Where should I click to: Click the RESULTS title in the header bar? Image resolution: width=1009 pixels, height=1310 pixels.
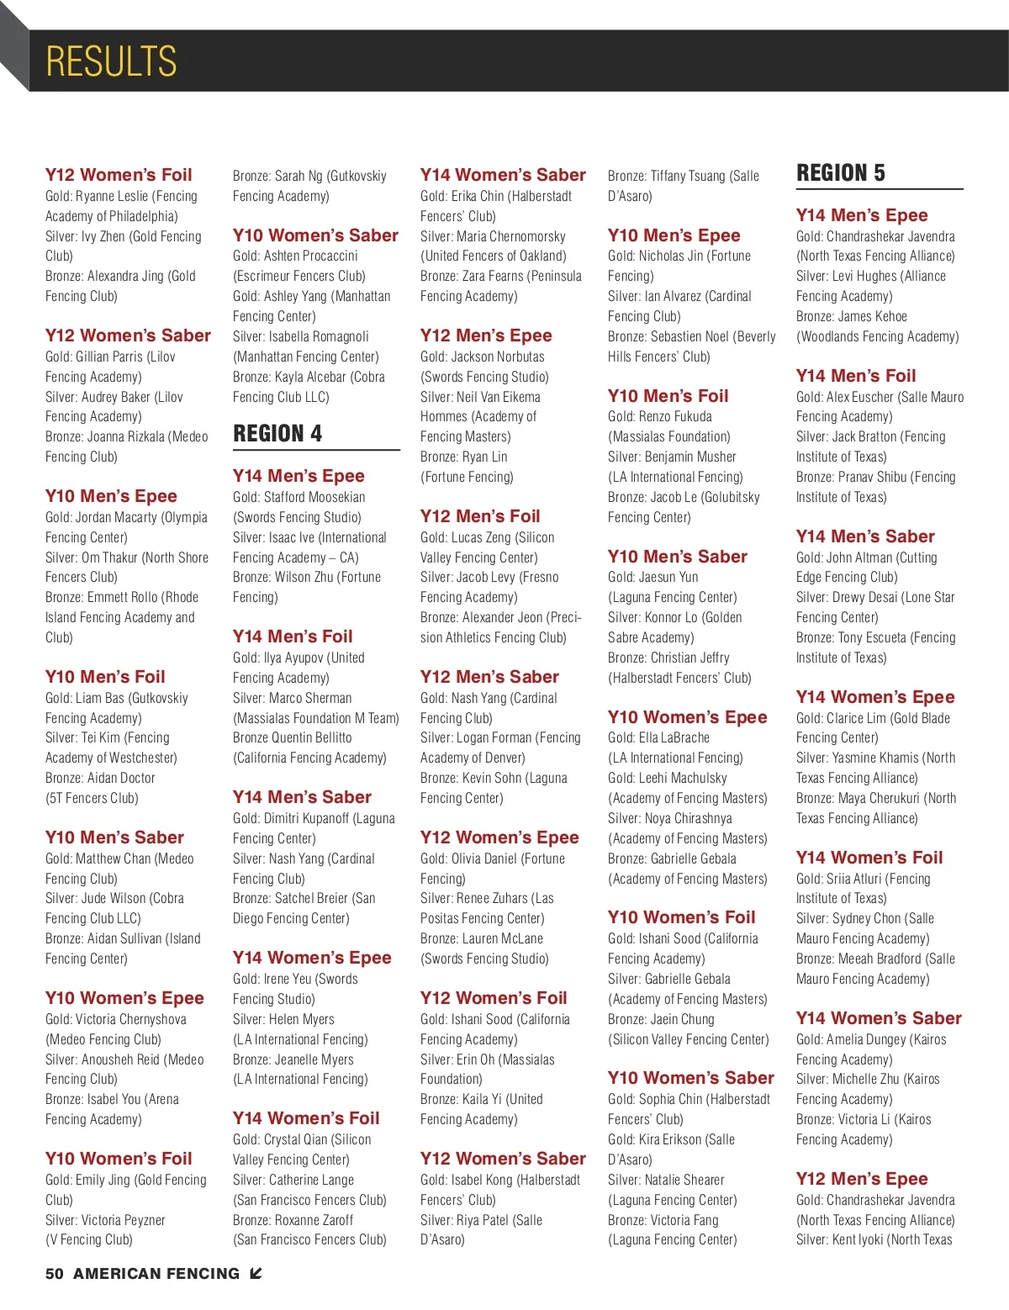[x=111, y=61]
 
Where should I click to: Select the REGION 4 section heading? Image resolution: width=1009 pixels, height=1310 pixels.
[x=277, y=434]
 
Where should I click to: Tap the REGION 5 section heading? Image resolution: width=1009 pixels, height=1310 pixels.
[x=841, y=173]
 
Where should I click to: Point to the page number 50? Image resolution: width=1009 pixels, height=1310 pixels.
[x=55, y=1274]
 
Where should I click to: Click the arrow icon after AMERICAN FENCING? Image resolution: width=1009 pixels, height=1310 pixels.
[x=256, y=1274]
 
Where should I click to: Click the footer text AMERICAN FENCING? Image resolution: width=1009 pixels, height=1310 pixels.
[x=156, y=1274]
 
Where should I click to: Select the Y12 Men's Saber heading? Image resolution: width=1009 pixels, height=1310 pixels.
[x=489, y=677]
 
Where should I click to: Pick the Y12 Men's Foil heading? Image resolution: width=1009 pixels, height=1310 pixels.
[x=480, y=516]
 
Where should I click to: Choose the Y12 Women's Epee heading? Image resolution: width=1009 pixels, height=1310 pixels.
[x=499, y=837]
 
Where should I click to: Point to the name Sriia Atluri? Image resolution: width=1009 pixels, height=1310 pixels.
[x=854, y=879]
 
